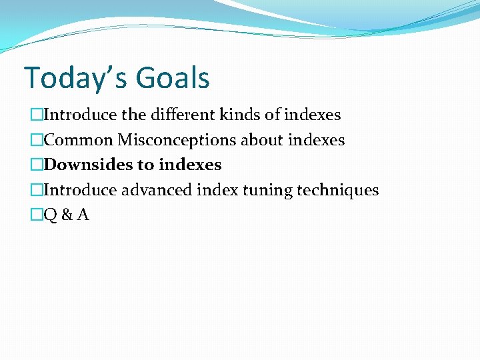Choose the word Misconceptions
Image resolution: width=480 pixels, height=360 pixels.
[x=177, y=140]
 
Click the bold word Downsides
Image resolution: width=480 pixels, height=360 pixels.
[x=89, y=165]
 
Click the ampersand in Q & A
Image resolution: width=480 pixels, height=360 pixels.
[x=67, y=215]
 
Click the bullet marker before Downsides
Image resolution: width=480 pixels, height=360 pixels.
[x=35, y=165]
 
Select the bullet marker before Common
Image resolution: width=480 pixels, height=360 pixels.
[x=35, y=140]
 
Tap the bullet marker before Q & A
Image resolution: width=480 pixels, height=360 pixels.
[x=35, y=215]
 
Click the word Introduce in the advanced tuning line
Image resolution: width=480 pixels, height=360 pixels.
[x=80, y=190]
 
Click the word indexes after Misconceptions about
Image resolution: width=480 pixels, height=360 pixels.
[x=317, y=140]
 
